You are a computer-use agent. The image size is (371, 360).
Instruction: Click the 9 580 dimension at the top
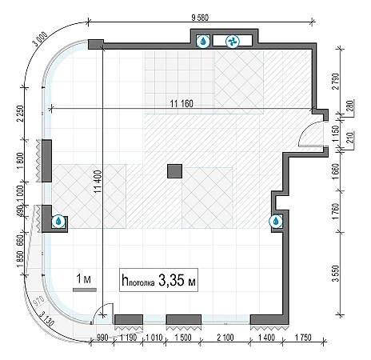200,18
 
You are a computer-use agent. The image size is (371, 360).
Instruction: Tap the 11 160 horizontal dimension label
182,103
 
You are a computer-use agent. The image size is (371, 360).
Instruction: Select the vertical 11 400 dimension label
98,182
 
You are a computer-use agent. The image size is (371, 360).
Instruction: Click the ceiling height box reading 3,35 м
158,280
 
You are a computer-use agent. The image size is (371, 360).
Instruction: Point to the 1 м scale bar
85,290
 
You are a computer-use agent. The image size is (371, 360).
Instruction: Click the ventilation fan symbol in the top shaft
233,42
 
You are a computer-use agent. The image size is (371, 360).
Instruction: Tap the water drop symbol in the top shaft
203,42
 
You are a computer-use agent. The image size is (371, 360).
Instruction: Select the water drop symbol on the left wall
58,222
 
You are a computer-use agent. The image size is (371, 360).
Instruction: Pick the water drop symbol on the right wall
276,221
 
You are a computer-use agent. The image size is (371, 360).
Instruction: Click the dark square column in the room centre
175,171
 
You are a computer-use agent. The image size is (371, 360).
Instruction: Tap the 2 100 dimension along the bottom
225,338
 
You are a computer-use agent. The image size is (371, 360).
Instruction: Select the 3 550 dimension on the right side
336,274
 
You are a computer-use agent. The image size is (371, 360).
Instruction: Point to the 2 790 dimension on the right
336,82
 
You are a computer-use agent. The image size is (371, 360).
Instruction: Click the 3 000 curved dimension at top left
41,39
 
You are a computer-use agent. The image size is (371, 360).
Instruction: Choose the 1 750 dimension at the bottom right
303,338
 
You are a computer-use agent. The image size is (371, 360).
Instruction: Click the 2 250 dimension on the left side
20,114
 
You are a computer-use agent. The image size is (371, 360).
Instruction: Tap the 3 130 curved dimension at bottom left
46,318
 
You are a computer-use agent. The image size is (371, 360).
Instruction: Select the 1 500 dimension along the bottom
183,338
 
